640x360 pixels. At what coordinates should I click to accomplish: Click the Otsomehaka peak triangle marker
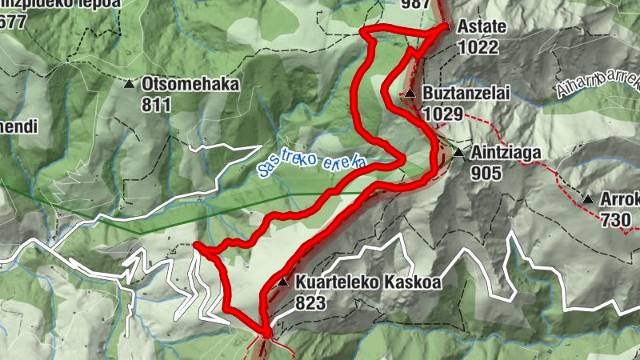130,83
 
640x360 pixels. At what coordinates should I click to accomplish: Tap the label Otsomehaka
190,83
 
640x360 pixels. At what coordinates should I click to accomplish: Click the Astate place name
481,26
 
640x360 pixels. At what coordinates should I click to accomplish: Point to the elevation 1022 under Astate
478,47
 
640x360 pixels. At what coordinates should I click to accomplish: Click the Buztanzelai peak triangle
410,94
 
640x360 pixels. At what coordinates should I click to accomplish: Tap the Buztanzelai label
466,94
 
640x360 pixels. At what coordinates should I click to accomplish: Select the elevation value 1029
444,114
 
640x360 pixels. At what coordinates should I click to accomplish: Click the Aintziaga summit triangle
458,152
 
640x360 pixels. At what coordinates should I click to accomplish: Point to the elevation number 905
486,172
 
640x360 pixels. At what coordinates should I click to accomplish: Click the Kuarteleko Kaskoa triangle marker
282,282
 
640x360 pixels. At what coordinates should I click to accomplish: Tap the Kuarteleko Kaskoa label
368,282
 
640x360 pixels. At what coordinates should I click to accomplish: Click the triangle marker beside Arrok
589,199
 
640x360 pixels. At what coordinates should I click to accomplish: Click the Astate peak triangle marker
448,27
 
